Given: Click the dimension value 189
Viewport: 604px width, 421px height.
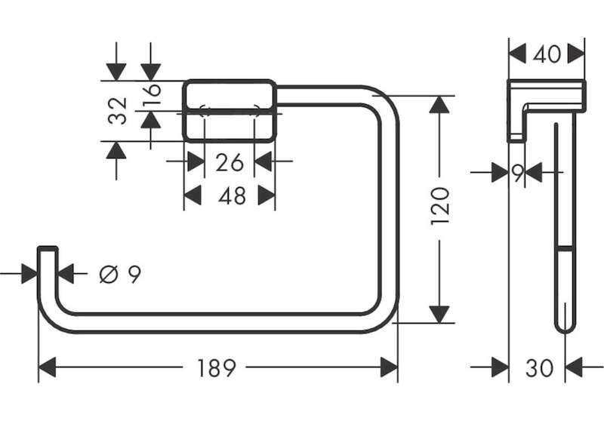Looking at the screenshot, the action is click(x=216, y=368).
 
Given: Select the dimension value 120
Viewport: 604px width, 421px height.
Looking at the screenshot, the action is click(x=440, y=206).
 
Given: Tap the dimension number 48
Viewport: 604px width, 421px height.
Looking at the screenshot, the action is click(x=232, y=195).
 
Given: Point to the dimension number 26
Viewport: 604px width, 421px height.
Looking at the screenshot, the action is click(x=230, y=162).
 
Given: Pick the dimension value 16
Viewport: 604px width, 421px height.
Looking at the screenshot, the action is click(x=152, y=95).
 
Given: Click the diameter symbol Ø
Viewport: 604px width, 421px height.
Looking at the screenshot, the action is click(x=108, y=275).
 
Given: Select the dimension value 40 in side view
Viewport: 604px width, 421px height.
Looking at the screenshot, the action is click(x=547, y=54).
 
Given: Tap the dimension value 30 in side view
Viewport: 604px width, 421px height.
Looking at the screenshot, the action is click(x=539, y=368).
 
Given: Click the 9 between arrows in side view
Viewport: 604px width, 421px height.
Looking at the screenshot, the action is click(x=518, y=173).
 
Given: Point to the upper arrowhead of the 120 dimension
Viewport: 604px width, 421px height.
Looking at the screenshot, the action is click(x=439, y=104).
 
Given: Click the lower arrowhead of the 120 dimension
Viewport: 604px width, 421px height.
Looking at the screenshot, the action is click(x=439, y=314).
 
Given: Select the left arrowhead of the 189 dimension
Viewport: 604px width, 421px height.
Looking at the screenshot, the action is click(x=48, y=367).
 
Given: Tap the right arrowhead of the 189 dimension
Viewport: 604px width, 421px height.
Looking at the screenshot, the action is click(x=389, y=367).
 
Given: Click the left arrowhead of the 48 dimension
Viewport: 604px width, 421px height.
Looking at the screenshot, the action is click(x=193, y=195).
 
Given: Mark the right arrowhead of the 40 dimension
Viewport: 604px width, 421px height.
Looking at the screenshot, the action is click(x=576, y=54).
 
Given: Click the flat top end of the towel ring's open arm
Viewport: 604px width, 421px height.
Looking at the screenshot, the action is click(x=48, y=247).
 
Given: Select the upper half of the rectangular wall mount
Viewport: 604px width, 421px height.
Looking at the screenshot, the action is click(x=230, y=94).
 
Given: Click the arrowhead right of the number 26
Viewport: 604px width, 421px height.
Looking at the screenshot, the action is click(x=263, y=161).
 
